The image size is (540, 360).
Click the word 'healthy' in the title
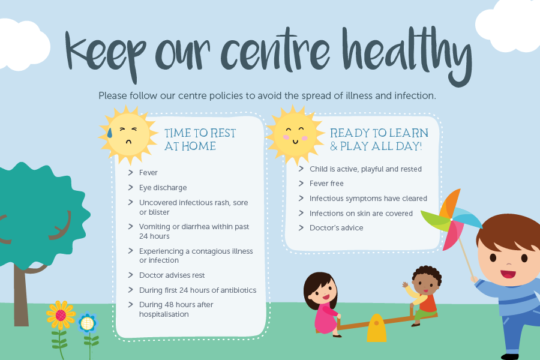pyautogui.click(x=407, y=55)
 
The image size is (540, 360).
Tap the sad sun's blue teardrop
pyautogui.click(x=110, y=133)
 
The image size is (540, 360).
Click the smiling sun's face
pyautogui.click(x=295, y=134)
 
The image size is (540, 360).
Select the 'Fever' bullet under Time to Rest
pyautogui.click(x=148, y=173)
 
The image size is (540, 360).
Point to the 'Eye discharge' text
pyautogui.click(x=163, y=188)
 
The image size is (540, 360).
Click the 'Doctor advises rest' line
pyautogui.click(x=172, y=275)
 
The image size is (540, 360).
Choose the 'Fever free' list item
pyautogui.click(x=326, y=184)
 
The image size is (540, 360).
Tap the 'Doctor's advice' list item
pyautogui.click(x=336, y=228)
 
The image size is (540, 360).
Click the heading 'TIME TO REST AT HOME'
pyautogui.click(x=200, y=140)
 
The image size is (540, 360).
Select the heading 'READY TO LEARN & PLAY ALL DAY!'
pyautogui.click(x=379, y=140)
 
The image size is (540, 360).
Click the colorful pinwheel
pyautogui.click(x=451, y=219)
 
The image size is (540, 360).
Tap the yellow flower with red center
pyautogui.click(x=61, y=315)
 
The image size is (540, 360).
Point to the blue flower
pyautogui.click(x=88, y=323)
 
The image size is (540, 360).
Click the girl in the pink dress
pyautogui.click(x=322, y=303)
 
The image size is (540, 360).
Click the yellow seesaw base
pyautogui.click(x=376, y=328)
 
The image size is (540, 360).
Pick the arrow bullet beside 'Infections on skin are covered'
pyautogui.click(x=301, y=213)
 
